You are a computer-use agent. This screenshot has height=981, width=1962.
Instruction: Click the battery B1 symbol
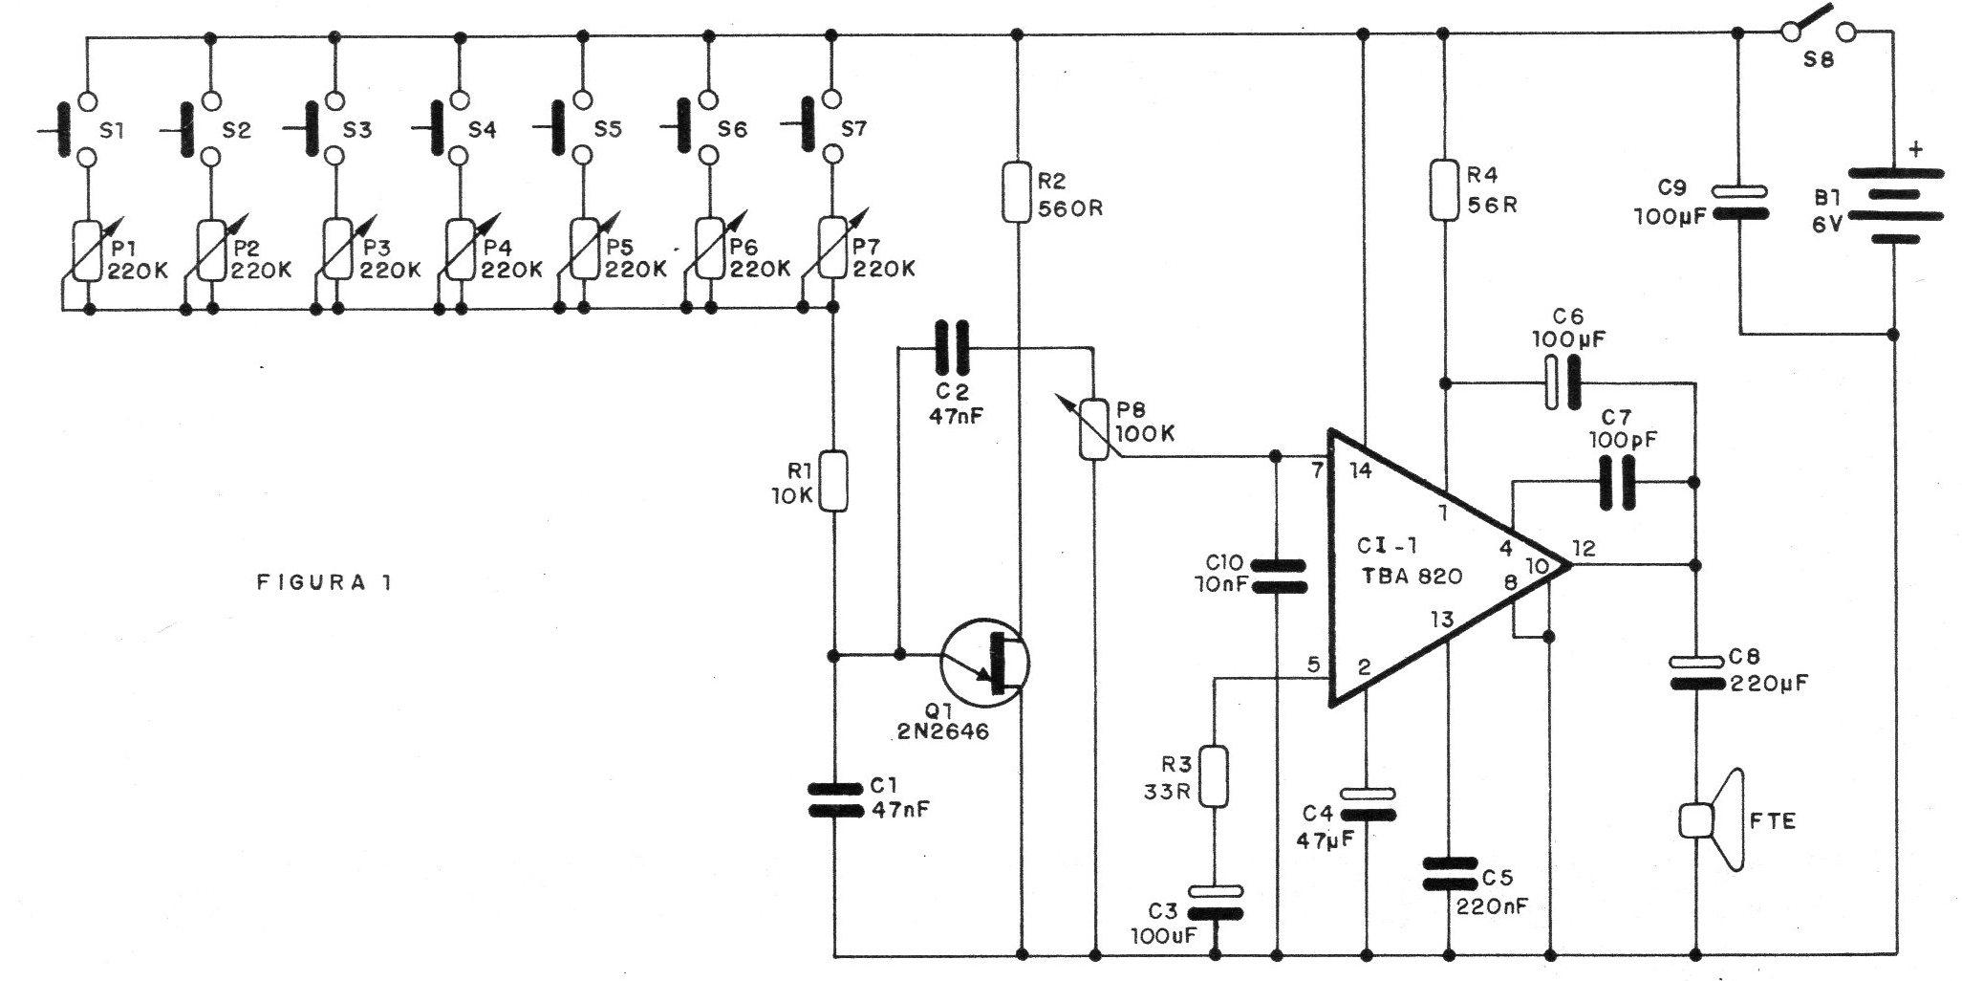point(1895,206)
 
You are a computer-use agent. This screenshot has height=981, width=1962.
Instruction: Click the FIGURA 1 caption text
point(324,581)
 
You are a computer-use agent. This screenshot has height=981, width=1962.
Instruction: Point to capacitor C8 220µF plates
point(1696,672)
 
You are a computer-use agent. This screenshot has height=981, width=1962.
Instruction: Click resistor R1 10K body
point(833,481)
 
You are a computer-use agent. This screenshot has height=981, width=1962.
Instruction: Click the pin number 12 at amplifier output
point(1583,548)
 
